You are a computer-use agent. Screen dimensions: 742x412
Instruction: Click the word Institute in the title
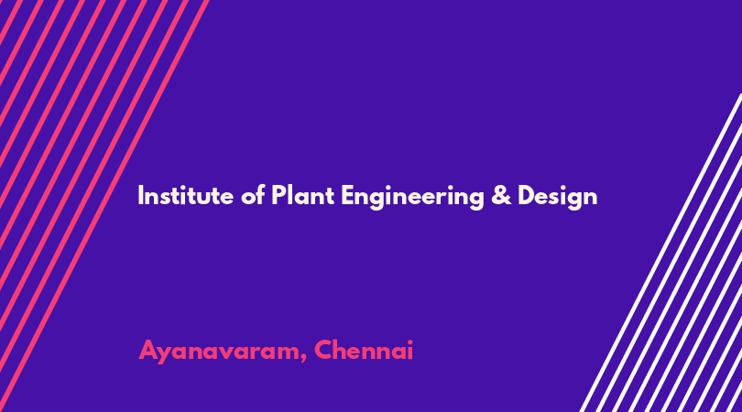point(185,195)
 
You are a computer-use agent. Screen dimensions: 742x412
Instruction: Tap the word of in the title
point(253,195)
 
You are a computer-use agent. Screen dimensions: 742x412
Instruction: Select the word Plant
point(303,195)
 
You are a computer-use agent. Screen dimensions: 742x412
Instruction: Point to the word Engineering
point(412,197)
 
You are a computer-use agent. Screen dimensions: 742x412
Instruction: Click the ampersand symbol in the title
point(501,196)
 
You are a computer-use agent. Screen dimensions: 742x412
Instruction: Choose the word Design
point(558,197)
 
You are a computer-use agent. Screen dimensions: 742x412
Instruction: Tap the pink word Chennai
point(364,350)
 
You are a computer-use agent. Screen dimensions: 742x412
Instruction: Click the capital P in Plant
point(278,196)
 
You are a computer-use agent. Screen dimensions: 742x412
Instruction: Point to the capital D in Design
point(526,196)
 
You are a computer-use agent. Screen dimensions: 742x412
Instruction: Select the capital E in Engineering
point(347,196)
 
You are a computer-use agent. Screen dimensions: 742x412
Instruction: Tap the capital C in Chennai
point(323,350)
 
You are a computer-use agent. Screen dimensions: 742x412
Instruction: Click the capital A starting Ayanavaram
point(148,350)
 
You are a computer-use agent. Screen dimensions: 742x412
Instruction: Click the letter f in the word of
point(261,195)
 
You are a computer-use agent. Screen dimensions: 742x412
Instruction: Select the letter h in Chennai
point(342,350)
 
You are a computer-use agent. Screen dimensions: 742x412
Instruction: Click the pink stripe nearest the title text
point(104,206)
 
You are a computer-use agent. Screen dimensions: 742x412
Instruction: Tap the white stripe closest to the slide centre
point(660,253)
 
